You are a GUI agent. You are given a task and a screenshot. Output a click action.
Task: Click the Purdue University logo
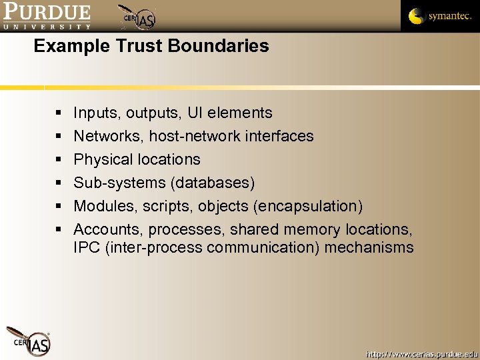tap(46, 17)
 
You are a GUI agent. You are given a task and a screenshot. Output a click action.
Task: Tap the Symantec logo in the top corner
tap(439, 16)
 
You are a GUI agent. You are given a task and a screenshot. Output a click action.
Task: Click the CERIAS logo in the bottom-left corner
tap(29, 341)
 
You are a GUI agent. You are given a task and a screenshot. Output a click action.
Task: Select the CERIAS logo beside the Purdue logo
tap(137, 17)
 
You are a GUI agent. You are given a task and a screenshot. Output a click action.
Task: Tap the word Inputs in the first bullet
tap(94, 113)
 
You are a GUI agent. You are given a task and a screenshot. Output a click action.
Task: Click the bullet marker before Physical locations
tap(59, 160)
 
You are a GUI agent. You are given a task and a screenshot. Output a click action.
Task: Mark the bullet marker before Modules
tap(59, 207)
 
